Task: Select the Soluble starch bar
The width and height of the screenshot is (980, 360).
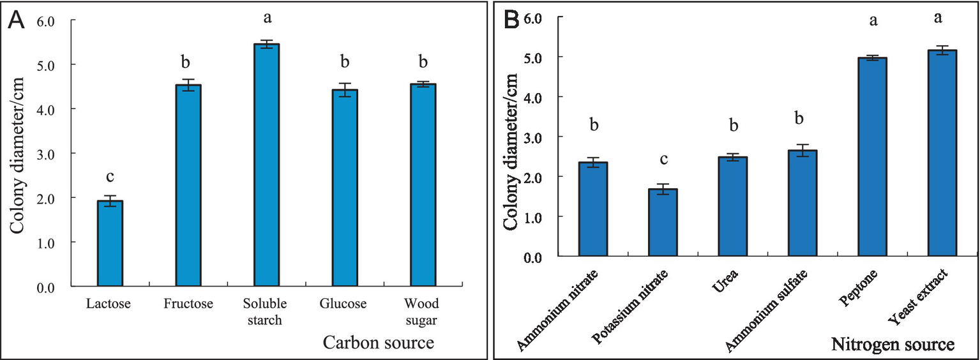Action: tap(266, 165)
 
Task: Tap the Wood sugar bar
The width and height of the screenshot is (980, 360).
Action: tap(423, 185)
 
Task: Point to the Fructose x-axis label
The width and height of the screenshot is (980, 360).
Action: tap(188, 304)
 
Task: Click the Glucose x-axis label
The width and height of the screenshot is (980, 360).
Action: tap(344, 304)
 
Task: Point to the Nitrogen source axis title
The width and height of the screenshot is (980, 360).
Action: tap(893, 345)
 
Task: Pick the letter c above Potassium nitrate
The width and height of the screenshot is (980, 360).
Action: tap(663, 160)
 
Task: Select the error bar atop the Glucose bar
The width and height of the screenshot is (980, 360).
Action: tap(344, 89)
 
